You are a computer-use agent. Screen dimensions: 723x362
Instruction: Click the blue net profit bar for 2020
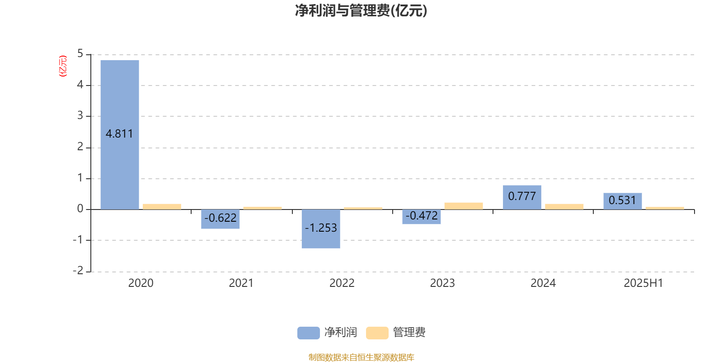tap(120, 135)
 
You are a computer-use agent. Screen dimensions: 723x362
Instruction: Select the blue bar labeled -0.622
tap(221, 219)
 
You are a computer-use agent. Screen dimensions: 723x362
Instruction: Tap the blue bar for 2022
tap(321, 229)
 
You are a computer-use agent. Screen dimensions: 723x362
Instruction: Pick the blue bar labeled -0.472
tap(422, 217)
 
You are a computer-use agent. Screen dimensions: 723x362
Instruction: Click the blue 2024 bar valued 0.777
tap(522, 197)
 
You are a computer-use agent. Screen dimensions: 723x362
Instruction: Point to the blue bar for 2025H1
tap(623, 201)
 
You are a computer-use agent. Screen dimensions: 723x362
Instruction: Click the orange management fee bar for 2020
tap(162, 207)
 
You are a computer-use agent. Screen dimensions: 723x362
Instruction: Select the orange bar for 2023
tap(464, 206)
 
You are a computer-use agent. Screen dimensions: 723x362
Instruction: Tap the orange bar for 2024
tap(564, 207)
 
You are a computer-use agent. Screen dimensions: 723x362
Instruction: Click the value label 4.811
tap(119, 134)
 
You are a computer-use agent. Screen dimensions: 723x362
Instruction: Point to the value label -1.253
tap(321, 228)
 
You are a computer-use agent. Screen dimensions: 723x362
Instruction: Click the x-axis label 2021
tap(241, 283)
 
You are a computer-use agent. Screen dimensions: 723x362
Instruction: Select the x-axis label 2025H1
tap(643, 283)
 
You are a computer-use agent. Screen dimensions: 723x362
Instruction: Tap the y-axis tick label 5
tap(80, 54)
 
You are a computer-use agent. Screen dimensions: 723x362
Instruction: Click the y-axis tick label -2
tap(78, 271)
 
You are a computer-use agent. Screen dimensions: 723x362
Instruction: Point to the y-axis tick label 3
tap(80, 115)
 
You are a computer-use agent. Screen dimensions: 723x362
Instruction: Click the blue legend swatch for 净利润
tap(309, 333)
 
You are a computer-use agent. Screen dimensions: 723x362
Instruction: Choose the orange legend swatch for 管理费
tap(377, 333)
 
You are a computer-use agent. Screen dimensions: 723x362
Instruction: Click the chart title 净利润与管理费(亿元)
tap(361, 11)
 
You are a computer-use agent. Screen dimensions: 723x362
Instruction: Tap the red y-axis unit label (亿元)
tap(63, 66)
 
